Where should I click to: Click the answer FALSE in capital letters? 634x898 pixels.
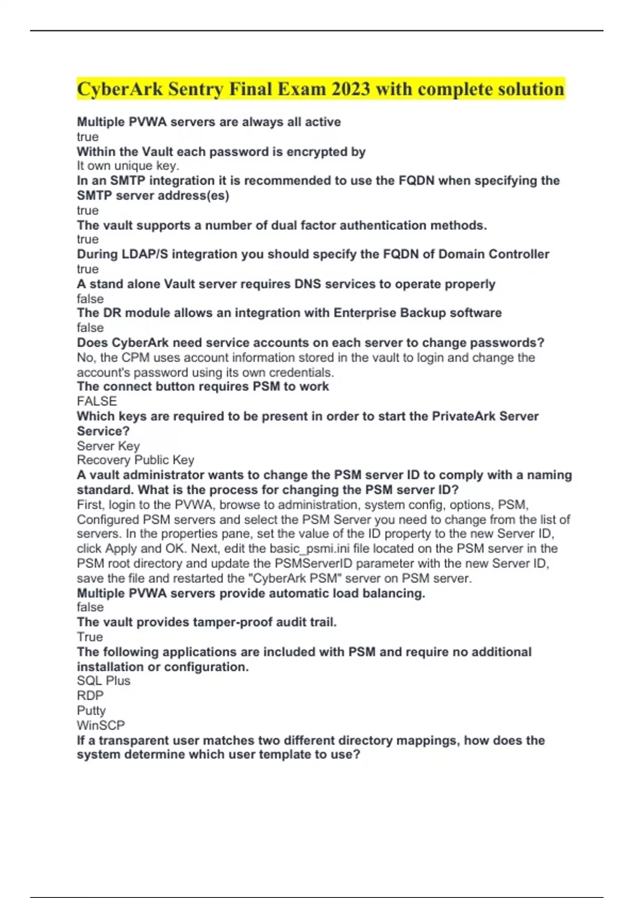[97, 401]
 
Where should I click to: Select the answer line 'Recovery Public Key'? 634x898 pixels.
[135, 460]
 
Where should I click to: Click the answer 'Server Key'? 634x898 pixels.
[108, 446]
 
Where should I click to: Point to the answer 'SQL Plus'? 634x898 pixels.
[104, 681]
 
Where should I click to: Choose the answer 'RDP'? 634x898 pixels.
[90, 696]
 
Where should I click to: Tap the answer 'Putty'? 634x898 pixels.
[91, 710]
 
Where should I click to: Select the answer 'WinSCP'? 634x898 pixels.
[101, 725]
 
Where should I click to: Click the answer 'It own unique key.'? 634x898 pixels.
[128, 166]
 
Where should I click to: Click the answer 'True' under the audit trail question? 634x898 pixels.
[90, 637]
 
